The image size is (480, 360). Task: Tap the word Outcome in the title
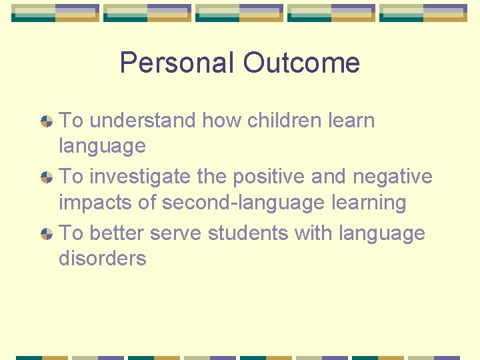point(301,63)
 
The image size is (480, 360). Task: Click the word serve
point(176,233)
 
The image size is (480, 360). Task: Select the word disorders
point(103,258)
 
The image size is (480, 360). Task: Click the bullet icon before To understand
point(47,121)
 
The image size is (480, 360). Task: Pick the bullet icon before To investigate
point(47,178)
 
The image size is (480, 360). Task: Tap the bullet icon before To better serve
point(47,234)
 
